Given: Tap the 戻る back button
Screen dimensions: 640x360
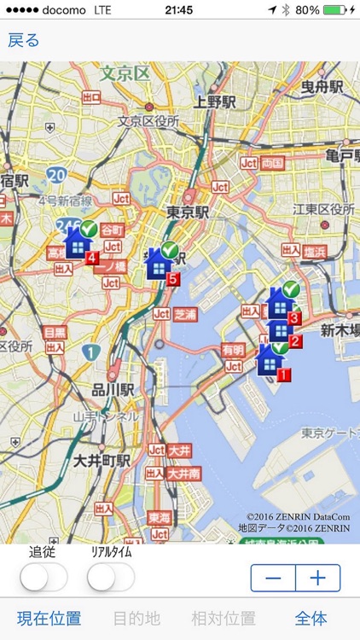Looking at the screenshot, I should pos(24,40).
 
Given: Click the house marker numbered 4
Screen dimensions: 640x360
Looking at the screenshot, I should pos(78,243).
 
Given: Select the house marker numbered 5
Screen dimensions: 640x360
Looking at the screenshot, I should pos(160,264).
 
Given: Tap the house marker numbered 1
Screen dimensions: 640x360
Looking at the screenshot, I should pos(270,362).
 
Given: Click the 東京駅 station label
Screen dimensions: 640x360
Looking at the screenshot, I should pos(188,212).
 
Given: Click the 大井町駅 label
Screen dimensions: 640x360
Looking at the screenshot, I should pos(102,460).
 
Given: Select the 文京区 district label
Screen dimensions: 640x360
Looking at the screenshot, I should pos(125,73).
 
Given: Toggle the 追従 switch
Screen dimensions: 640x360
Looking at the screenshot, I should pos(44,578).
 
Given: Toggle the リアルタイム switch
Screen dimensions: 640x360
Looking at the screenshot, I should pos(111,578).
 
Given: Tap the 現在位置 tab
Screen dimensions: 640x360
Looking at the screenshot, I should pos(49,619).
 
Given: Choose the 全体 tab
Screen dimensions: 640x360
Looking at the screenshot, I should pos(311,619).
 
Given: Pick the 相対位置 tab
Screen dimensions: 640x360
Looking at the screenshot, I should pos(224,619).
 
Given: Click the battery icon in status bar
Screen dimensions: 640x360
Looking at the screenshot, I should pos(334,9).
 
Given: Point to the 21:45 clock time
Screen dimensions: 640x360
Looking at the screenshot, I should pos(179,9).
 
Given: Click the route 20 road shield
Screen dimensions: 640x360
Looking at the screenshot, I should pos(57,175).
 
